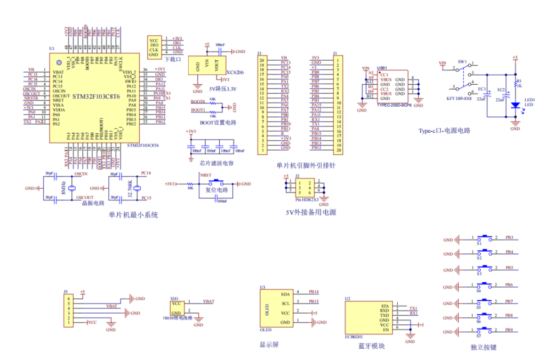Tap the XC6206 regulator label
[235, 73]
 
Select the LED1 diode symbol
[515, 105]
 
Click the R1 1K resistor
[515, 84]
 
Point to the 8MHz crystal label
[63, 187]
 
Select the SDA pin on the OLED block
[285, 294]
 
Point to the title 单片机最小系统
[133, 215]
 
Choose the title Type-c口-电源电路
[444, 131]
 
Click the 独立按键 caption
[484, 347]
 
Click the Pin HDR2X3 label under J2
[303, 200]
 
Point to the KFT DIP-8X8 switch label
[459, 99]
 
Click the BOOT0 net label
[198, 101]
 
